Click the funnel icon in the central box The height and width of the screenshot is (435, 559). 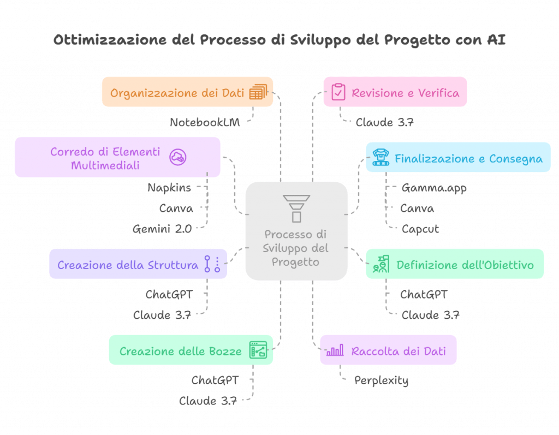pos(296,208)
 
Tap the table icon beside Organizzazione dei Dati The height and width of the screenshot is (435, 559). pos(258,92)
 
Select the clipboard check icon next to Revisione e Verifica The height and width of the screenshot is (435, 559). pos(338,92)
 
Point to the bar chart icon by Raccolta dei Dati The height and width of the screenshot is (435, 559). pos(335,350)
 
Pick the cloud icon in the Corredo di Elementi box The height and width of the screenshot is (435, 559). pos(177,157)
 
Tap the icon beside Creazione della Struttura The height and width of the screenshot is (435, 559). pos(212,264)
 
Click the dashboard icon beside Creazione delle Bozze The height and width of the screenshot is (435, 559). pos(258,350)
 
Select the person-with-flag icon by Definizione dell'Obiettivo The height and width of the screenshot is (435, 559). pos(380,264)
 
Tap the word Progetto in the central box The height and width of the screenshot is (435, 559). pos(296,261)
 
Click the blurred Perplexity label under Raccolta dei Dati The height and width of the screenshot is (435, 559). pos(382,381)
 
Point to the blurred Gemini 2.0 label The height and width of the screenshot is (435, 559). pos(162,229)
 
